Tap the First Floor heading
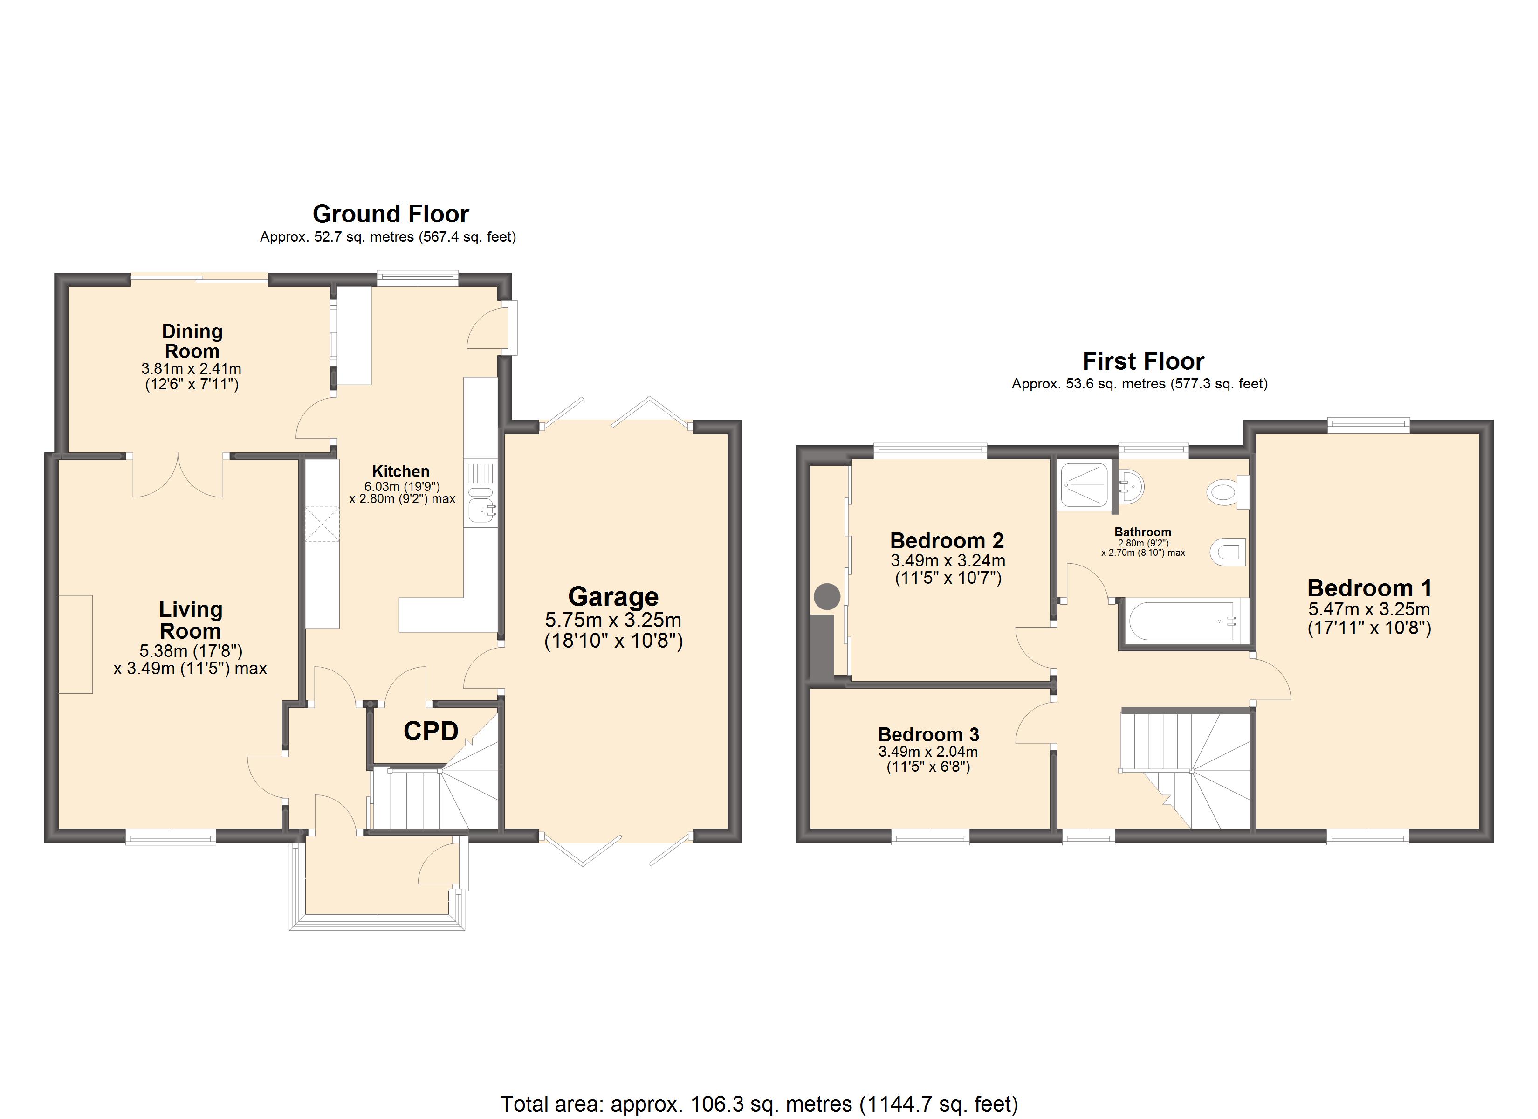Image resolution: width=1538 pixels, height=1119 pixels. (1143, 361)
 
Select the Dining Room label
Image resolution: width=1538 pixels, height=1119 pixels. (192, 341)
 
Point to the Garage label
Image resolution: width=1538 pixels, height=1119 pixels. (613, 596)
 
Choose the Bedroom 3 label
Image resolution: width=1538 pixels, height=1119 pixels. (928, 734)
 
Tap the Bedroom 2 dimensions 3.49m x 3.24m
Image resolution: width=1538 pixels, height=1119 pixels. (948, 560)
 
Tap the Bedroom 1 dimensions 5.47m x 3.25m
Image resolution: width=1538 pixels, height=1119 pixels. (1369, 609)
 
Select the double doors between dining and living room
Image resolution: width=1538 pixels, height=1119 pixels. (178, 475)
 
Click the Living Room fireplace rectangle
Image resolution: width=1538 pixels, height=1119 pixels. (76, 644)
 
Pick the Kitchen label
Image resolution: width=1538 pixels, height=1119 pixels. (401, 471)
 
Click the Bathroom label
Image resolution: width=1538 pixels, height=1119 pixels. (1143, 532)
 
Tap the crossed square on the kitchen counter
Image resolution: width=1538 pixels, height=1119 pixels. (322, 524)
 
